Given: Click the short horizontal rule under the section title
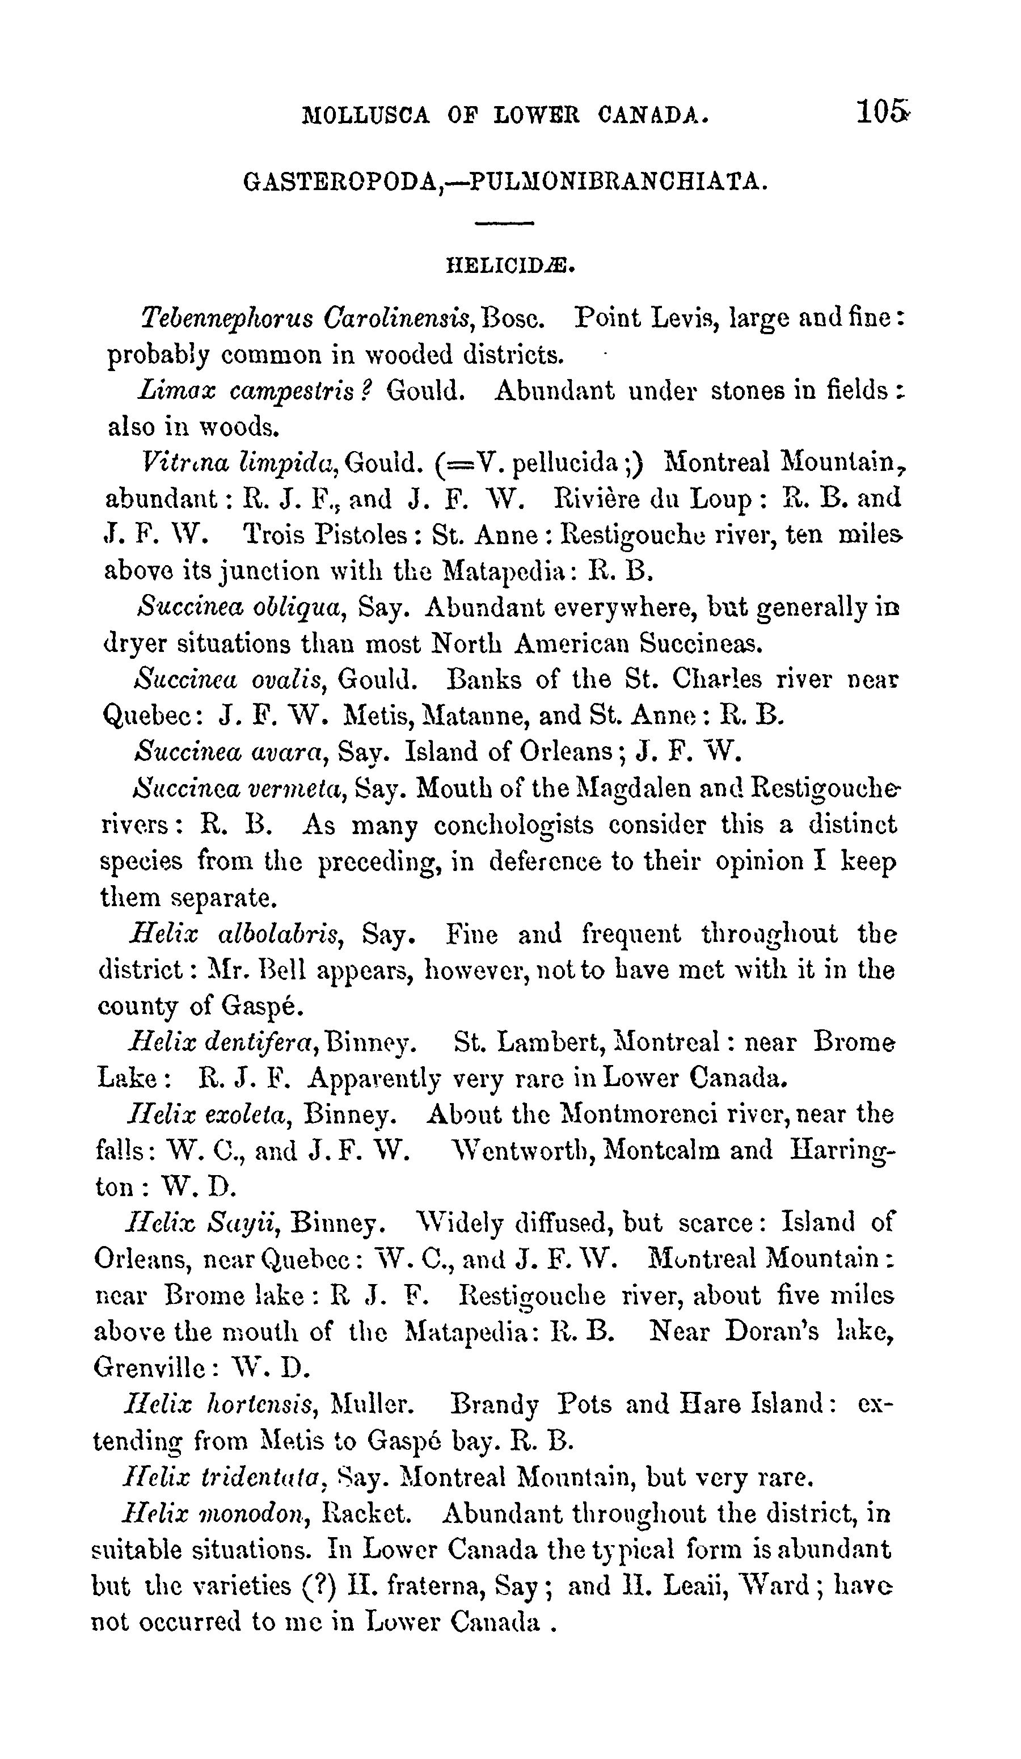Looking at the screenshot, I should point(504,224).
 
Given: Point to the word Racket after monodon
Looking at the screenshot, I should point(367,1513).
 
